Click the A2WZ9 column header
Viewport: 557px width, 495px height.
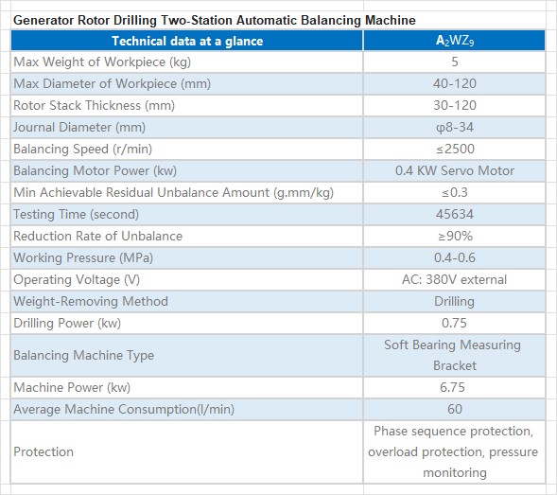coord(455,41)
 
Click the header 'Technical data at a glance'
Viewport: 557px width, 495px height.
coord(187,41)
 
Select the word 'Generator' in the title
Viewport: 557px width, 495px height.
coord(44,20)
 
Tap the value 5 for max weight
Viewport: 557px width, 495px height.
coord(455,62)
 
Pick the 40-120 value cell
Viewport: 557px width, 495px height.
coord(455,83)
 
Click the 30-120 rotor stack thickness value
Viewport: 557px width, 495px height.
coord(455,105)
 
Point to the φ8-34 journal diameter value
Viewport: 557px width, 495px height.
coord(455,128)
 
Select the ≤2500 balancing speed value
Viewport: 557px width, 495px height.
coord(455,149)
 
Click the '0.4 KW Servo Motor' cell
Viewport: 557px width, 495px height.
coord(455,170)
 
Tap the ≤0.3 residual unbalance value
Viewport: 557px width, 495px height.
coord(455,192)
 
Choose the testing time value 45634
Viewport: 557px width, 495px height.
coord(455,214)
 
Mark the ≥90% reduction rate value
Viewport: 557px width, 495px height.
coord(455,236)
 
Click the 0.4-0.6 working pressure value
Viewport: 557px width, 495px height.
coord(455,257)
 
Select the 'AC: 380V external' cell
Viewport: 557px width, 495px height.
coord(454,279)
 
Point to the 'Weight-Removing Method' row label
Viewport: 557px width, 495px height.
coord(91,301)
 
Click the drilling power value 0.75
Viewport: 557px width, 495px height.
coord(454,323)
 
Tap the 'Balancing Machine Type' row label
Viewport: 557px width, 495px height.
coord(84,355)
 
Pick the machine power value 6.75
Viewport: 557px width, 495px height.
coord(452,387)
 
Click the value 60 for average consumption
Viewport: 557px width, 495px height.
coord(455,409)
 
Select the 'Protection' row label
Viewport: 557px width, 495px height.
coord(44,451)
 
